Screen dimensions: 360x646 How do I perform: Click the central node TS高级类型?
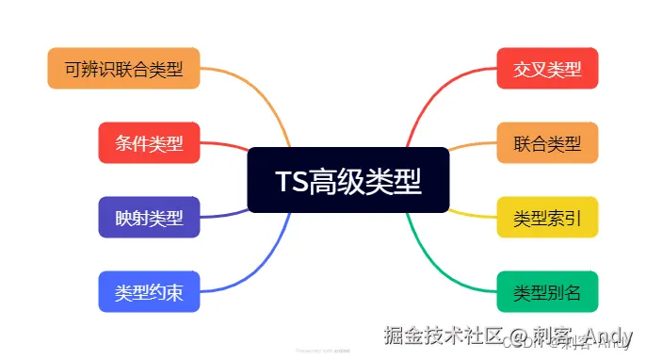[x=348, y=180]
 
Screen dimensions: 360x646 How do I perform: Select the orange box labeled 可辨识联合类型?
[x=123, y=68]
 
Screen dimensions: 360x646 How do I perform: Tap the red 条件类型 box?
[x=149, y=143]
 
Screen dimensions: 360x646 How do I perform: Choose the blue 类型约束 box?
[x=149, y=292]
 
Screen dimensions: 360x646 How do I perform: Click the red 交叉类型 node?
[x=547, y=68]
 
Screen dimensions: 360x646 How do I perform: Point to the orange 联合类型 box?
[x=547, y=143]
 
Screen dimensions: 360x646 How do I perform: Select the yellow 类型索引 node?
[x=547, y=218]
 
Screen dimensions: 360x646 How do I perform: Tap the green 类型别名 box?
[x=547, y=292]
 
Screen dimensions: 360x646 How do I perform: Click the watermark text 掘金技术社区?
[x=439, y=335]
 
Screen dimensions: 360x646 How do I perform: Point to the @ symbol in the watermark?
[x=511, y=335]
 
